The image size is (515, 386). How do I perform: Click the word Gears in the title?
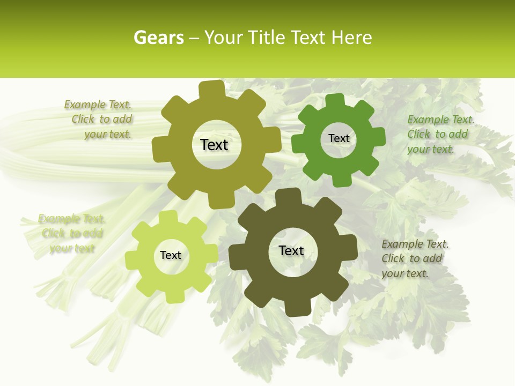pos(158,38)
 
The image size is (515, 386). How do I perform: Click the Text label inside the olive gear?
pos(214,145)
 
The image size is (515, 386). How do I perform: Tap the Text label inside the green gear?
pos(339,138)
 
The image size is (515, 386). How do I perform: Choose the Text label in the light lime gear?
pos(171,255)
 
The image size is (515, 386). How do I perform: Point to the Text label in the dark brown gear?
pos(291,251)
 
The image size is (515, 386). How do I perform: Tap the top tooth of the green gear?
pos(335,101)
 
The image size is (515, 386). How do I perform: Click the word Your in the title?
pos(222,38)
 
